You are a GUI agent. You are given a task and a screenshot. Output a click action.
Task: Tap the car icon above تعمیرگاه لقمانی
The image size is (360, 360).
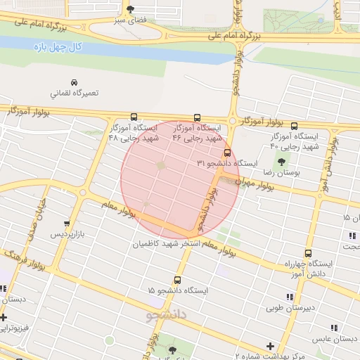coord(74,82)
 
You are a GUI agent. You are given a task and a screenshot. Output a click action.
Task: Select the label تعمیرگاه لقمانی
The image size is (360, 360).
coord(74,93)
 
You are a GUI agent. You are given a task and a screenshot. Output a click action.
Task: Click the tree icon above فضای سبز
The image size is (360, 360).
coord(130,9)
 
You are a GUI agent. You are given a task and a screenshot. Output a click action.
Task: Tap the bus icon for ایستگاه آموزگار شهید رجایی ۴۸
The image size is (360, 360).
coord(134,117)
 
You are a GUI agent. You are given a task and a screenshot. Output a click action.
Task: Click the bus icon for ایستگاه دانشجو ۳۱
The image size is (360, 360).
coord(226,152)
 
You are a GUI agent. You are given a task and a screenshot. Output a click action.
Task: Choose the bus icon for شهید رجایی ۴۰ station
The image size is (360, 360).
coord(294,127)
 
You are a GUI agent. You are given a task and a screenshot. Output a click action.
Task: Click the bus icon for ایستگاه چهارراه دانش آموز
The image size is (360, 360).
coord(308,253)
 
